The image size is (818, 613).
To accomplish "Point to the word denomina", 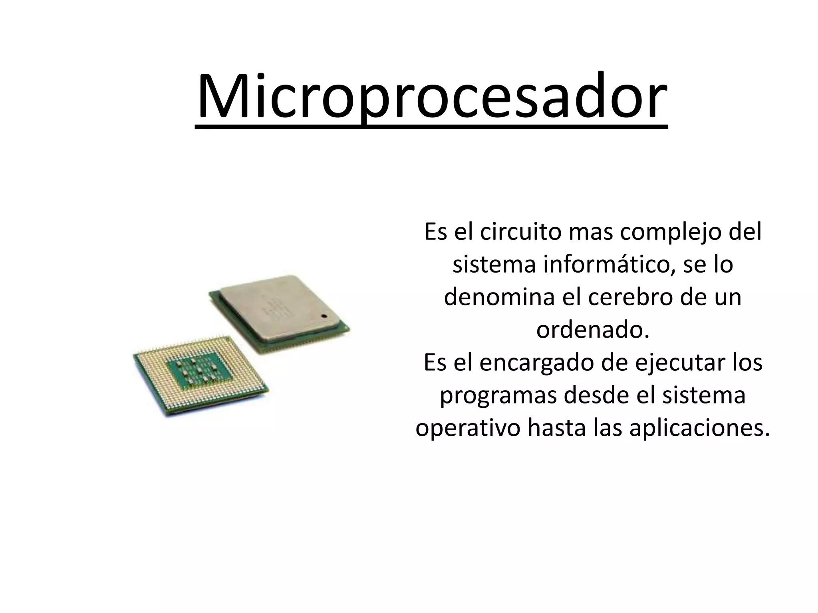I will coord(499,297).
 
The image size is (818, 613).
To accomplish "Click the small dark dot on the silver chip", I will coord(324,316).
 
